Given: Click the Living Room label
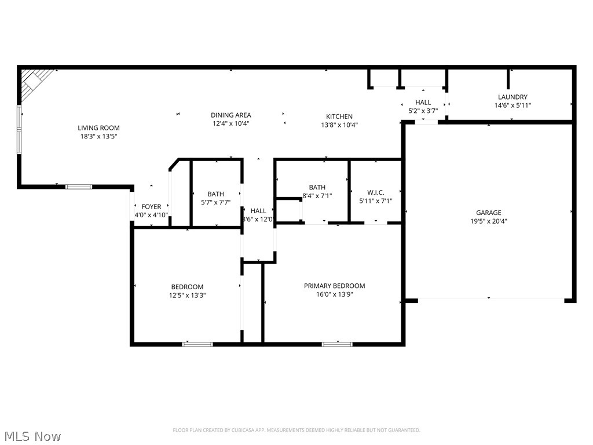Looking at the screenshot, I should point(98,128).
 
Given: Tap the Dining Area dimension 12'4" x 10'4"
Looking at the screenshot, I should point(230,124).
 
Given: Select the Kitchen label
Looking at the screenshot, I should point(339,116).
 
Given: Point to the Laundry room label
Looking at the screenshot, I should point(513,97).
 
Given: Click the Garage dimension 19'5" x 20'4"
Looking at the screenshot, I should point(489,221).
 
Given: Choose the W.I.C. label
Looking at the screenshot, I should point(375,193).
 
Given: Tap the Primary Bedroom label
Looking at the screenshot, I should point(335,286).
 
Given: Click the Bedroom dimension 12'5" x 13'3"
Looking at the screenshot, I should point(187,296).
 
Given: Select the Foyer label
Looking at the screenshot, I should point(151,207).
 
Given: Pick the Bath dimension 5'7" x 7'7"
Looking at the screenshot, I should point(215,203).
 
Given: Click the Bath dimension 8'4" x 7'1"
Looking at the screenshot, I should point(317,196).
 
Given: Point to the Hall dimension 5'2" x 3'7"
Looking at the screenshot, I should point(423,111).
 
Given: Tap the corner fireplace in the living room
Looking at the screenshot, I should point(33,81).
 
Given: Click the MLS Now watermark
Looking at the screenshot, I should point(32,436).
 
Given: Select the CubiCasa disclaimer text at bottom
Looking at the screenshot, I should point(296,430).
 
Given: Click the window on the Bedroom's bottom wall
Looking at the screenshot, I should point(197,344).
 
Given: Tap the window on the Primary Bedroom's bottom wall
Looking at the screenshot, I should point(336,344).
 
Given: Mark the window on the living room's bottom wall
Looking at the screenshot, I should point(78,187).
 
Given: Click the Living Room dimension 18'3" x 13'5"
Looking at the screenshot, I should point(98,137).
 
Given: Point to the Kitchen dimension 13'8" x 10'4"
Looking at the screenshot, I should point(339,125).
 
